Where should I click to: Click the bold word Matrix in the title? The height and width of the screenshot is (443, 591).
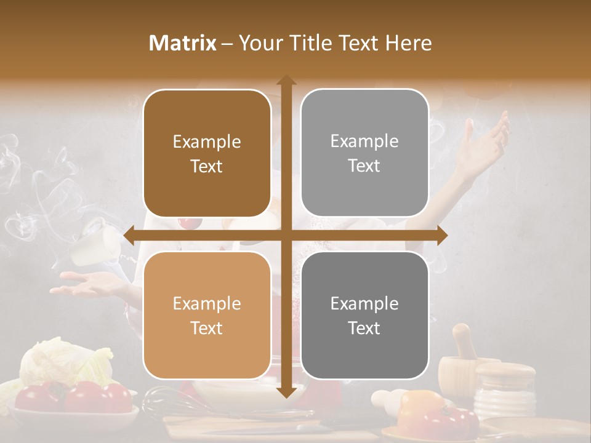pyautogui.click(x=182, y=43)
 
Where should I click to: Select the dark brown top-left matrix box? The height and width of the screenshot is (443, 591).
pyautogui.click(x=207, y=153)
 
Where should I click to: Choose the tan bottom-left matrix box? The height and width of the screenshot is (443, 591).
pyautogui.click(x=207, y=316)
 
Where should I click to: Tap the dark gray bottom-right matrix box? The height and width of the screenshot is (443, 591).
pyautogui.click(x=364, y=315)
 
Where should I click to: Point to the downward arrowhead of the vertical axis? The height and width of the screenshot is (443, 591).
pyautogui.click(x=286, y=392)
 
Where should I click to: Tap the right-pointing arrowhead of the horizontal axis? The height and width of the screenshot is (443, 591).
pyautogui.click(x=441, y=236)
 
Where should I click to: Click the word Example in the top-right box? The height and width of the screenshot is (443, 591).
pyautogui.click(x=364, y=142)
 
